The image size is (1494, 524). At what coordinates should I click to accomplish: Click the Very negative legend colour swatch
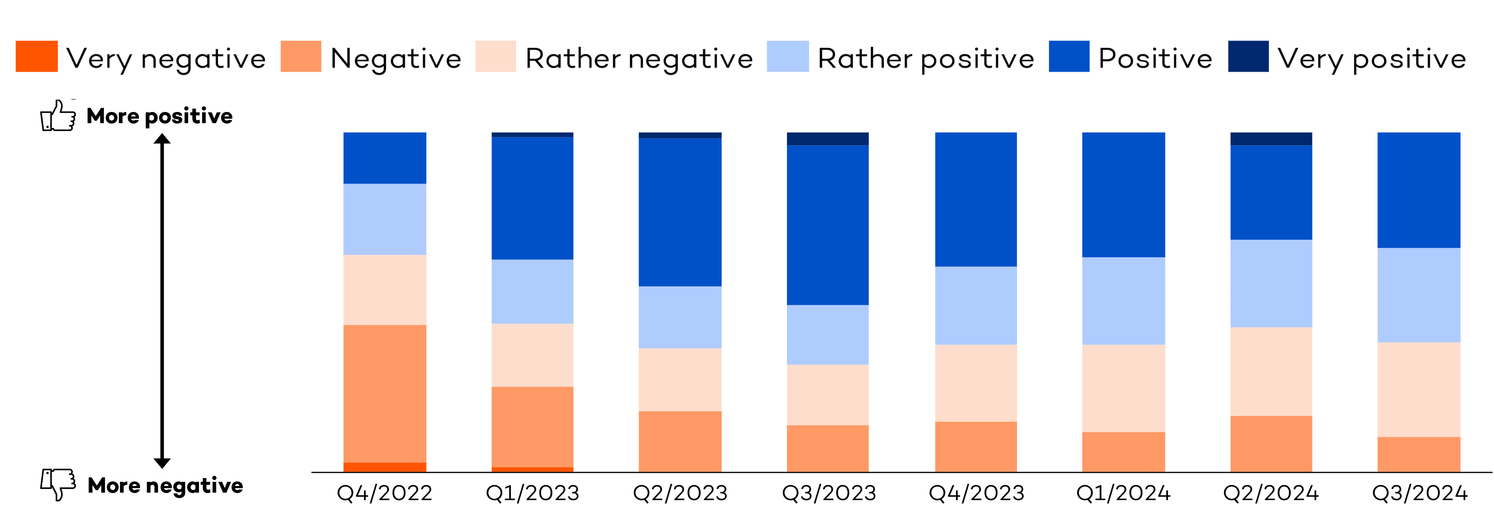[x=37, y=56]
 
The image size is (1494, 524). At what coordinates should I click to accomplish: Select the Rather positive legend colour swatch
[x=787, y=56]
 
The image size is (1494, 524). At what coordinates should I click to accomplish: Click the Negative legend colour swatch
[x=300, y=56]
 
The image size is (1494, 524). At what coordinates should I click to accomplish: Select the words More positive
[x=159, y=116]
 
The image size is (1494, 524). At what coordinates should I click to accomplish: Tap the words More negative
[x=165, y=485]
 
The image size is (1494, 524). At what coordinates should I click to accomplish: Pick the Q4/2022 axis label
[x=385, y=493]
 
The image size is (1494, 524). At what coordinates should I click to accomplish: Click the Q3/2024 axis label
[x=1419, y=493]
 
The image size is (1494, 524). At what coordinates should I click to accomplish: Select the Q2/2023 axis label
[x=680, y=493]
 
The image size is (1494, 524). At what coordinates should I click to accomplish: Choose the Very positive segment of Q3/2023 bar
[x=828, y=138]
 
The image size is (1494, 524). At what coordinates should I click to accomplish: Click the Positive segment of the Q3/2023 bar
[x=828, y=225]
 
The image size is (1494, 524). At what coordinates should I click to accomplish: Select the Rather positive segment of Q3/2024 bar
[x=1419, y=295]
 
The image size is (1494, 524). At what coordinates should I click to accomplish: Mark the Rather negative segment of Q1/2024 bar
[x=1123, y=389]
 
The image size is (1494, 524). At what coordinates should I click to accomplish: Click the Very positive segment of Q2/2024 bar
[x=1271, y=138]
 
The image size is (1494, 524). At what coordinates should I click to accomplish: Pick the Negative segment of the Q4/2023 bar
[x=976, y=446]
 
